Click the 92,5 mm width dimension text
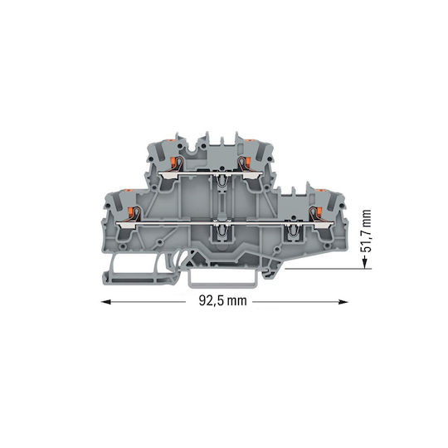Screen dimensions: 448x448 click(222, 301)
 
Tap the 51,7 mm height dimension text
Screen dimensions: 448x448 click(366, 231)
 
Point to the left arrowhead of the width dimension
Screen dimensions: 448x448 click(106, 302)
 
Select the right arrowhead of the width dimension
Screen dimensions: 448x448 click(343, 302)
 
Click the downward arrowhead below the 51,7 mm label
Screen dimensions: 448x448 click(364, 263)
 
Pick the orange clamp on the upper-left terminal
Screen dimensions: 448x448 click(173, 162)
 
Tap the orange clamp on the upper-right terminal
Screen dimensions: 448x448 click(247, 162)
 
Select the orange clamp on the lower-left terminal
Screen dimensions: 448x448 click(130, 212)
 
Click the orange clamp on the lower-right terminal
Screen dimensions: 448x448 click(319, 212)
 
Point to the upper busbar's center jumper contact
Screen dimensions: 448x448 click(221, 178)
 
